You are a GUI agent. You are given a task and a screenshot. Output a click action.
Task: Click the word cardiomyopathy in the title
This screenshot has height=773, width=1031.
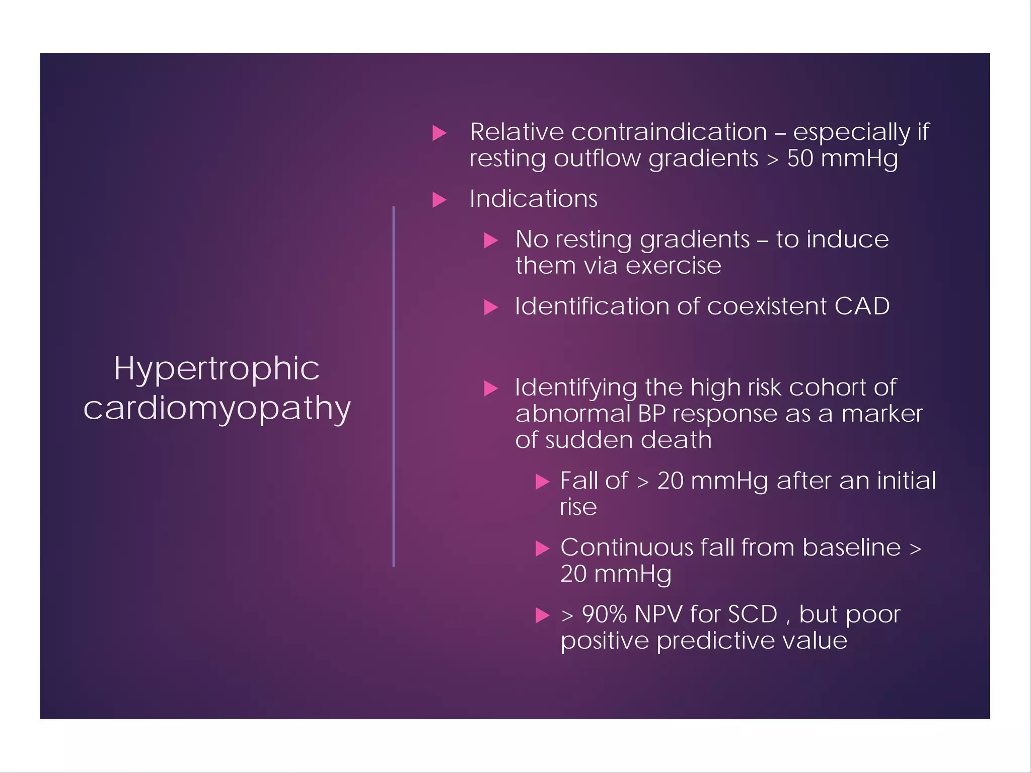coord(217,409)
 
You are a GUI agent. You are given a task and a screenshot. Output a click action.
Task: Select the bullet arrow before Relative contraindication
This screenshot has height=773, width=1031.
coord(439,133)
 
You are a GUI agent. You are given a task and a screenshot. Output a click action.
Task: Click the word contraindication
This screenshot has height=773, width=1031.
coord(669,132)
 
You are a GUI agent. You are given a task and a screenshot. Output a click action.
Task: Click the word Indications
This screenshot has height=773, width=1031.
coord(533,198)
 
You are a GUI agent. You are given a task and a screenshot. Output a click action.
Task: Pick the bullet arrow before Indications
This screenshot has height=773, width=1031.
coord(439,200)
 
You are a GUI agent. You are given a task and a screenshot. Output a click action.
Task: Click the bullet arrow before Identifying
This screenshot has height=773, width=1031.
coord(491,388)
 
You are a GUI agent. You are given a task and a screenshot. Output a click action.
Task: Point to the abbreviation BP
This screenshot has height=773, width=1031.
coord(652,414)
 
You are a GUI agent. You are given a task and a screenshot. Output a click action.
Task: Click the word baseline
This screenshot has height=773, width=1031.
coord(851,548)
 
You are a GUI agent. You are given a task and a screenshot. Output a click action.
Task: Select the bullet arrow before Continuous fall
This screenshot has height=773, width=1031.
coord(542,549)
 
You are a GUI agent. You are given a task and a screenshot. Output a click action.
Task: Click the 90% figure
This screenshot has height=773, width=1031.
coord(604,614)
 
